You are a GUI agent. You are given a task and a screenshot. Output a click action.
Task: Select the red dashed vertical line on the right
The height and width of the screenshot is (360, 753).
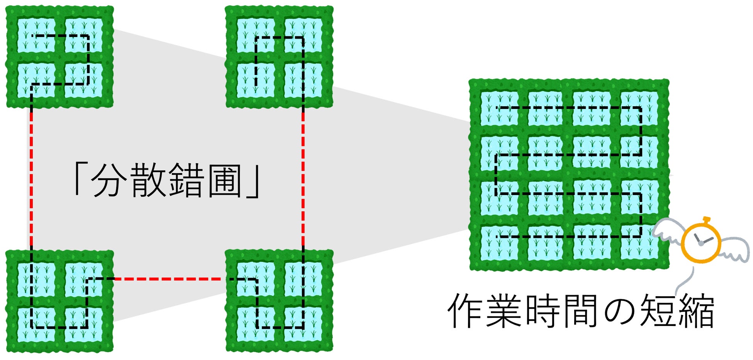click(303, 178)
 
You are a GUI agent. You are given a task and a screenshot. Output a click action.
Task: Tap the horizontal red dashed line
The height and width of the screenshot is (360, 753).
click(170, 278)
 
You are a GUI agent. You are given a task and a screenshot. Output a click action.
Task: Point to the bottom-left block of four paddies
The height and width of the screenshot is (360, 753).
click(60, 301)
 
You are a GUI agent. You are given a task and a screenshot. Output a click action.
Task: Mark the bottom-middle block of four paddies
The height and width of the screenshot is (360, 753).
click(279, 301)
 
